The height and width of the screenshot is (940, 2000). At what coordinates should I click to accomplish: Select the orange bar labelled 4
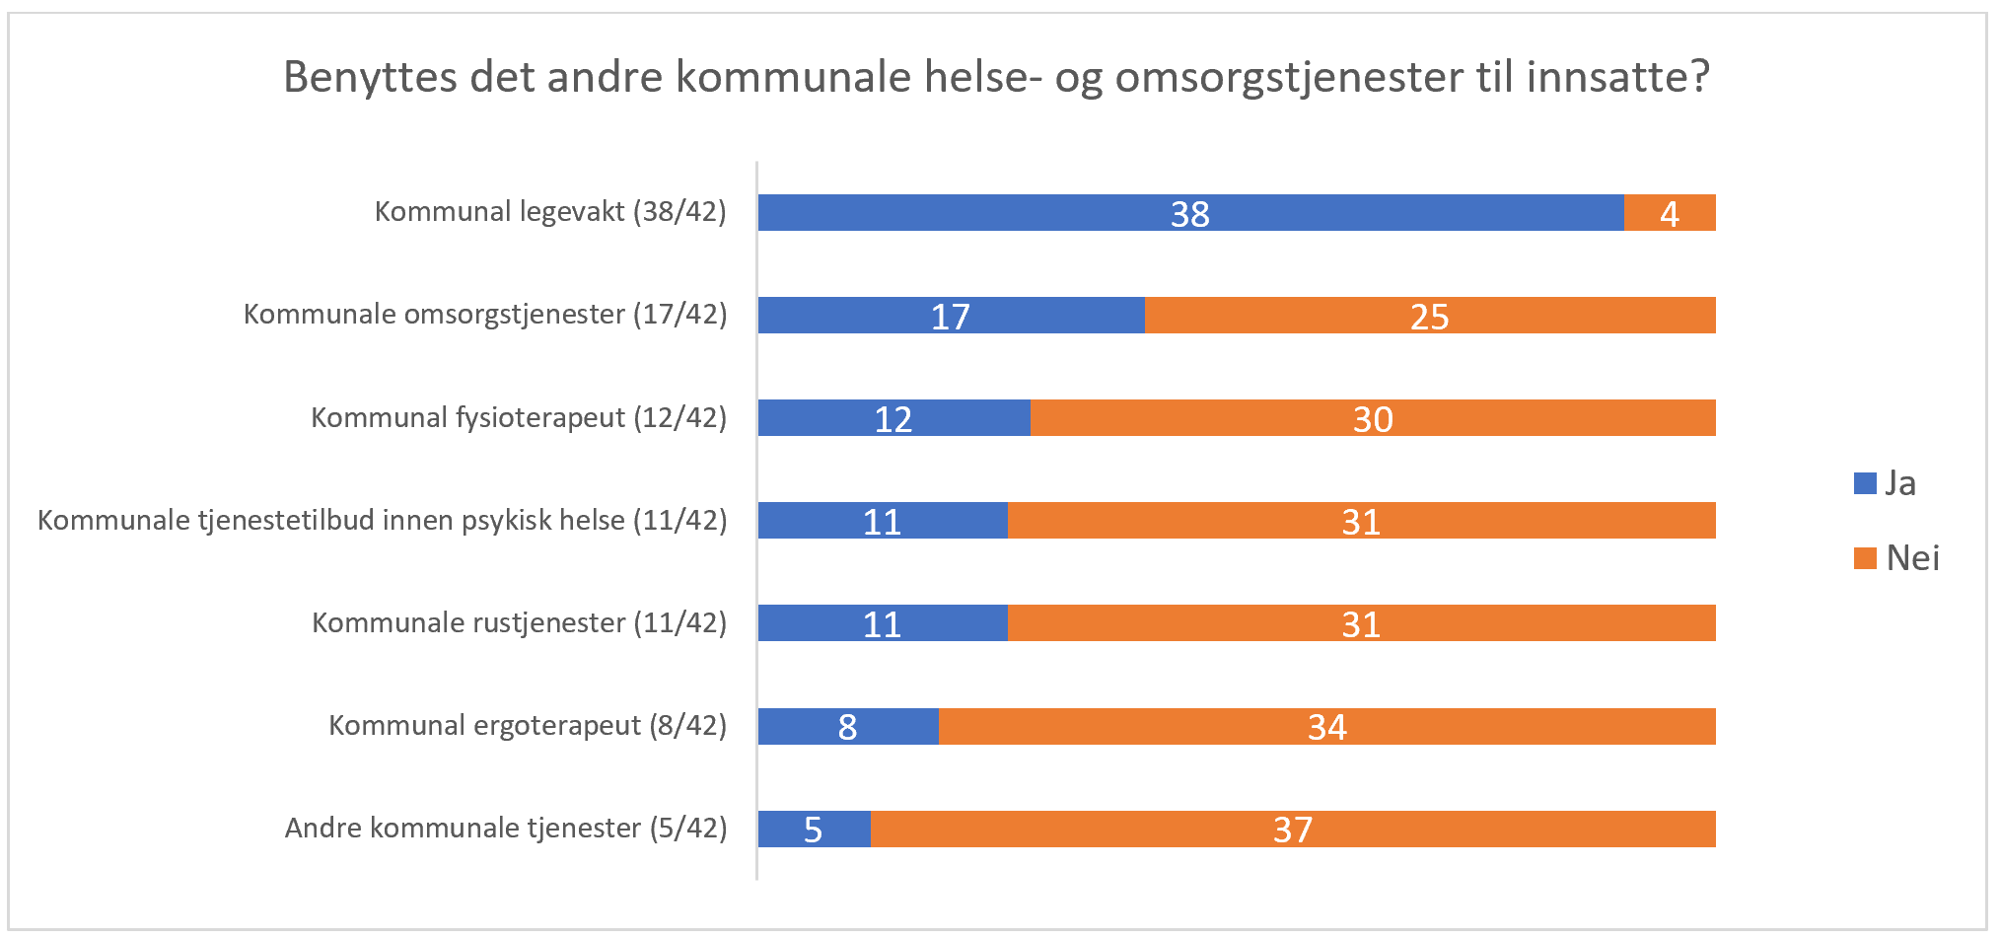(1670, 213)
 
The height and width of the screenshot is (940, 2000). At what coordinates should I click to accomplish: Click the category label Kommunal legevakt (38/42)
(550, 212)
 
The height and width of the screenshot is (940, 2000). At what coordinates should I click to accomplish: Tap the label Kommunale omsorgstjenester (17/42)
(485, 315)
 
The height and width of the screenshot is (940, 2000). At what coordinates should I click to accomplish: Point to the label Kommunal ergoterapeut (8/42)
(528, 726)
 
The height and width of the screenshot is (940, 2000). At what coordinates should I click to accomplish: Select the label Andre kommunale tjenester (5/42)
(506, 829)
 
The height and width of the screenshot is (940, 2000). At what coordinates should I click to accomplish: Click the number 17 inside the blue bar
(951, 317)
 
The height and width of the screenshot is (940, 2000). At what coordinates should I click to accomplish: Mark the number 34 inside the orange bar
(1326, 727)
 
